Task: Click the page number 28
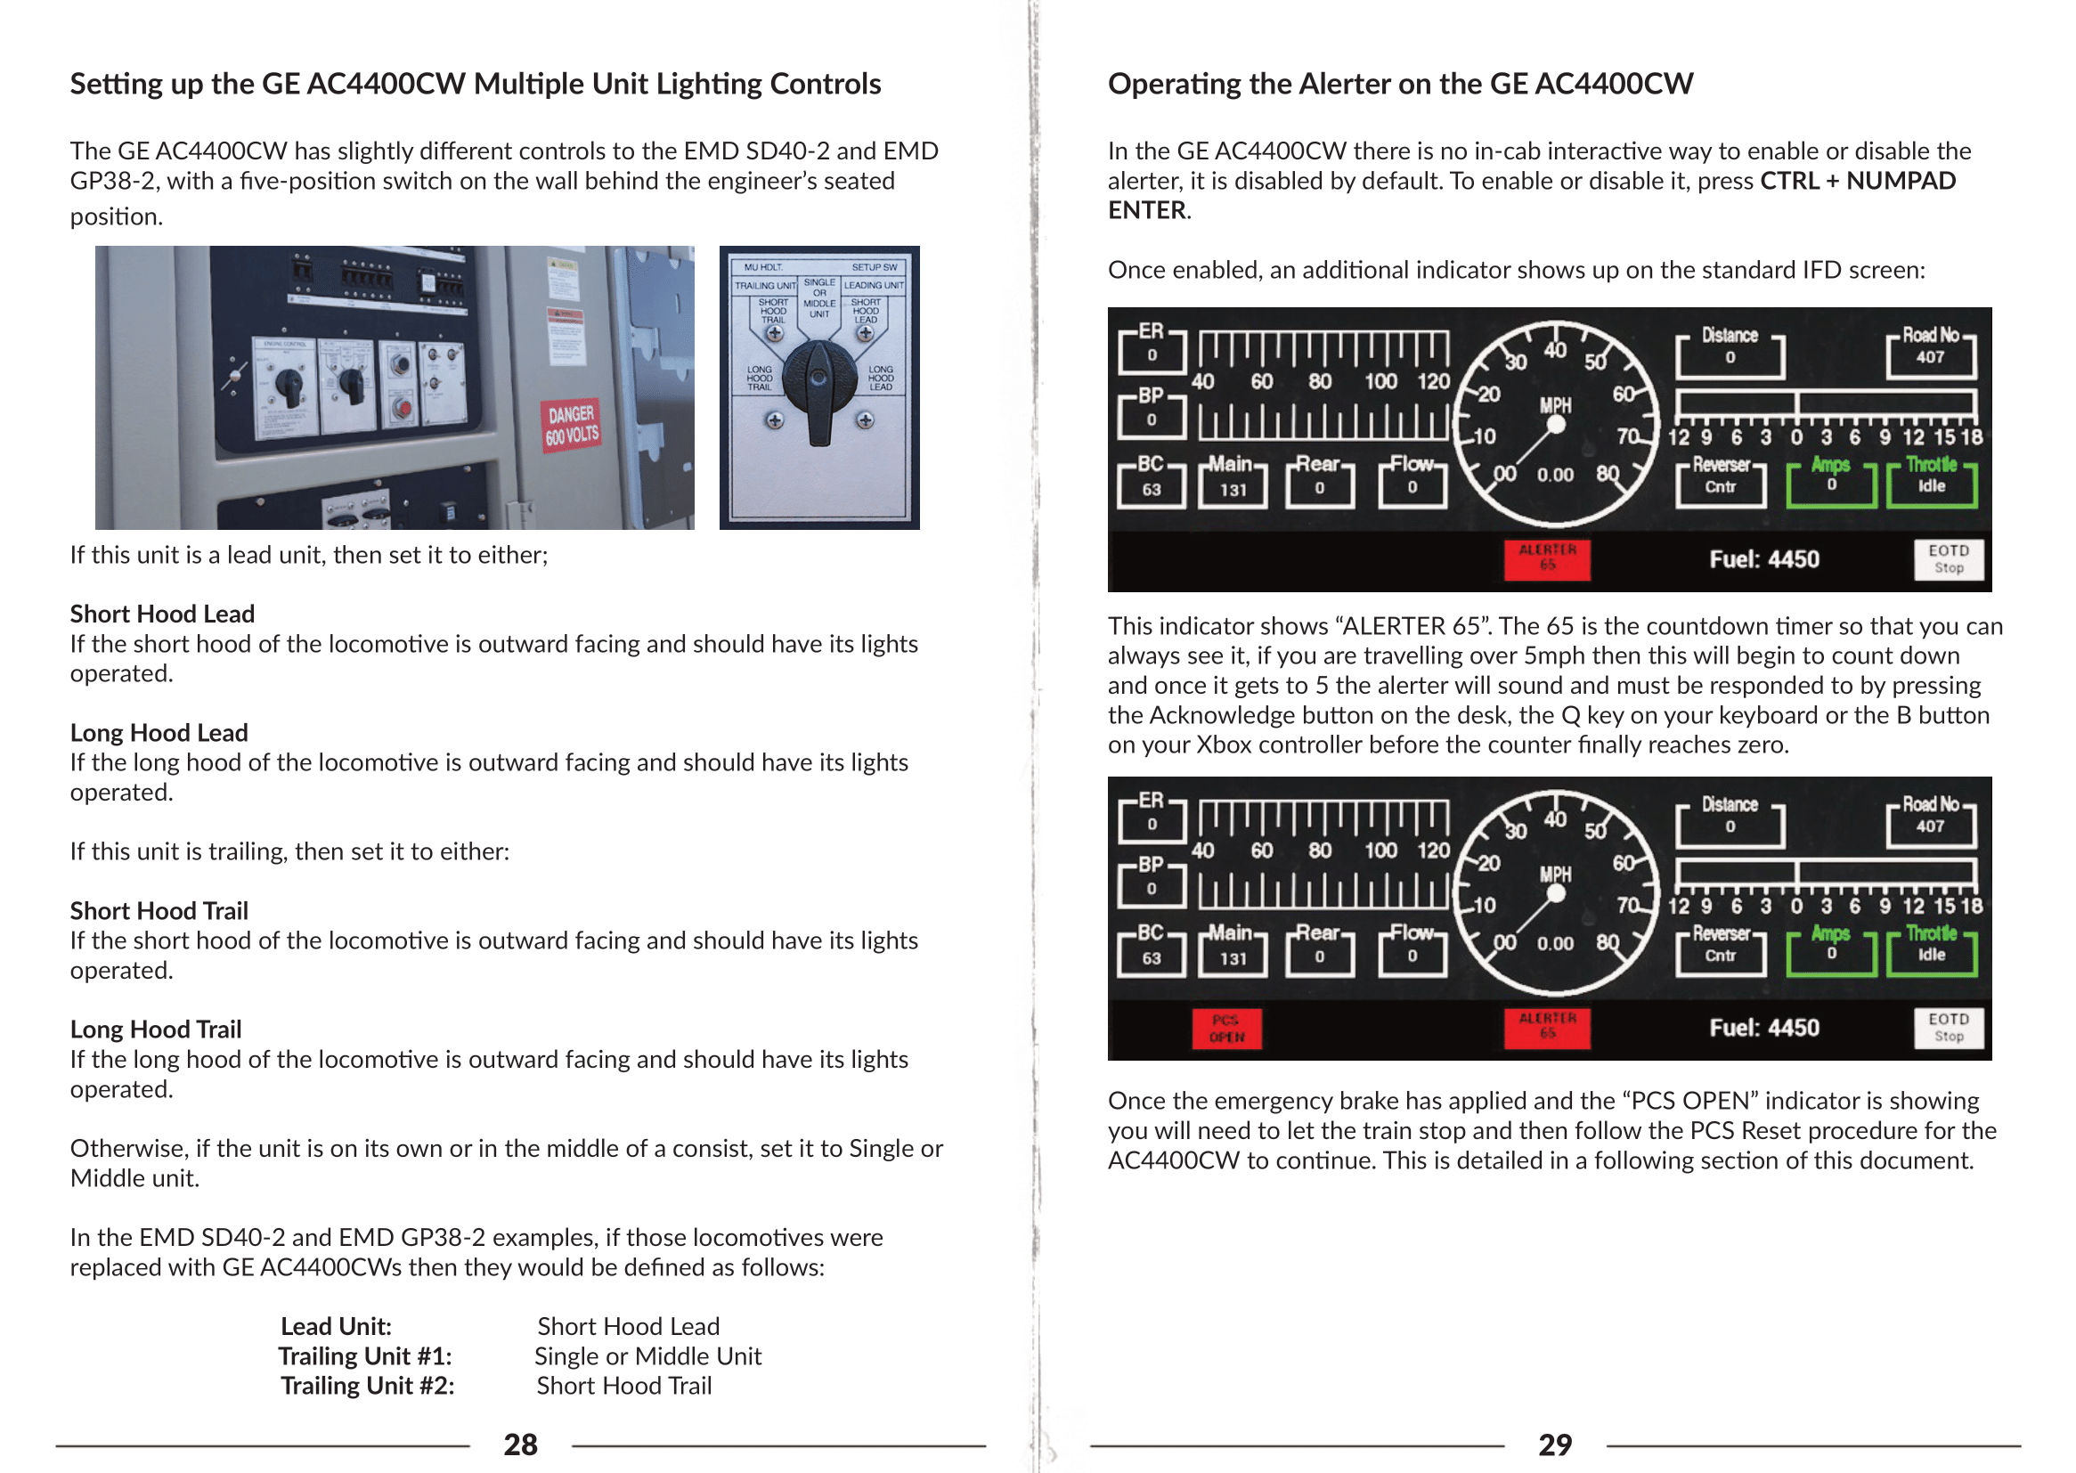pyautogui.click(x=521, y=1444)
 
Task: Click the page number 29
pyautogui.click(x=1554, y=1444)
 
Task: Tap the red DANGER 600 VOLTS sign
pyautogui.click(x=572, y=426)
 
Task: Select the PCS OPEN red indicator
pyautogui.click(x=1226, y=1029)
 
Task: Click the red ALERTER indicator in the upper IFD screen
pyautogui.click(x=1547, y=558)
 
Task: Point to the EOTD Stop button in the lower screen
pyautogui.click(x=1948, y=1028)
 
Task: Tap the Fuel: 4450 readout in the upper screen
pyautogui.click(x=1764, y=558)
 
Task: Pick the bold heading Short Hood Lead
pyautogui.click(x=162, y=614)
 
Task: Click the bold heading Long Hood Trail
pyautogui.click(x=156, y=1029)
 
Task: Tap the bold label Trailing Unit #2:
pyautogui.click(x=367, y=1386)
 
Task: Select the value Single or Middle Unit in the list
pyautogui.click(x=647, y=1356)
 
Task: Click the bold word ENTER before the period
pyautogui.click(x=1146, y=210)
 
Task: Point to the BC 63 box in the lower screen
pyautogui.click(x=1151, y=949)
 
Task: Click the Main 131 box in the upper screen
pyautogui.click(x=1233, y=482)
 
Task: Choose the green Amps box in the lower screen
pyautogui.click(x=1830, y=948)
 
